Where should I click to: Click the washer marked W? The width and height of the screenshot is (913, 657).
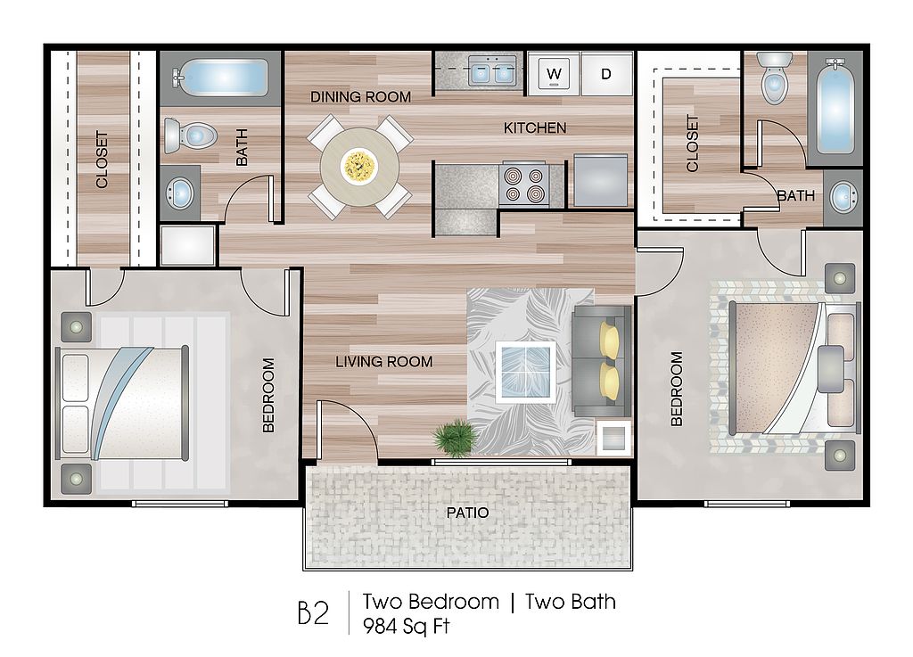553,73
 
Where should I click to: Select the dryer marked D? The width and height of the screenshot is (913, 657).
606,73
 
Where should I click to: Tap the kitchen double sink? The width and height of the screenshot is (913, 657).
489,72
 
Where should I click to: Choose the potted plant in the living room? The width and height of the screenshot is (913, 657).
455,437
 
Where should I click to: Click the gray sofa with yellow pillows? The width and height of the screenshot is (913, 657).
602,361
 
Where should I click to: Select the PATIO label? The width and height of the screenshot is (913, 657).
467,513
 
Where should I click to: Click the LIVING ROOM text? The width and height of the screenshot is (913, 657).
384,362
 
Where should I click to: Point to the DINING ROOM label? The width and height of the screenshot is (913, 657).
360,96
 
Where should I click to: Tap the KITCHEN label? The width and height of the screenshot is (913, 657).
535,128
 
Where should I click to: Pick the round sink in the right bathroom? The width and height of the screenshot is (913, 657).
843,198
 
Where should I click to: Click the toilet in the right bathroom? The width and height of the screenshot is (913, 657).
775,78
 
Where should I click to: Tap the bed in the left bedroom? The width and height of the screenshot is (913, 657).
122,403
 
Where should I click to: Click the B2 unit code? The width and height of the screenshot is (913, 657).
313,612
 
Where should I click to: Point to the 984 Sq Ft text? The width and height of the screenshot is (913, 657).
407,626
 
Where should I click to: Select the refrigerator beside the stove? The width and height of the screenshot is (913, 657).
601,180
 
